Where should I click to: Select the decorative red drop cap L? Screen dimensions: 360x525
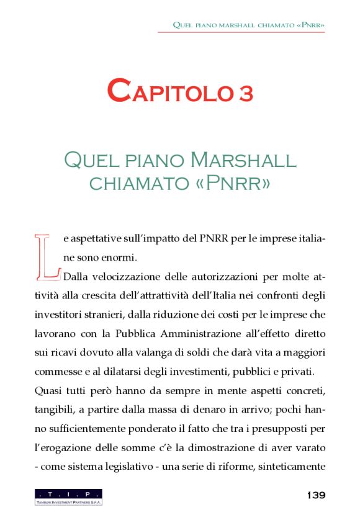pyautogui.click(x=47, y=255)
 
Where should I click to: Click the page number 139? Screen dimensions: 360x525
pyautogui.click(x=316, y=495)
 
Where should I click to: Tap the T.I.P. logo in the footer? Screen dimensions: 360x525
pyautogui.click(x=68, y=496)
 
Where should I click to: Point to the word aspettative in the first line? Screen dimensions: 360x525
pyautogui.click(x=97, y=238)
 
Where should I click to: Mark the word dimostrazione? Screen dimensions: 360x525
pyautogui.click(x=235, y=449)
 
